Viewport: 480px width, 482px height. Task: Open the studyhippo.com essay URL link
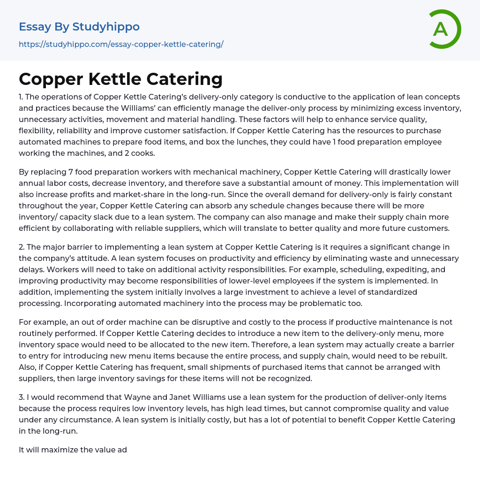point(121,44)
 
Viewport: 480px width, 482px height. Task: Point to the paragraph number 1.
point(21,97)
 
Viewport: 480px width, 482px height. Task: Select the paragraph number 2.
point(22,247)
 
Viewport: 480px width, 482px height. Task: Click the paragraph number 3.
point(22,397)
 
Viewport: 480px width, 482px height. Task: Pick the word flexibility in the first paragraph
point(38,130)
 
